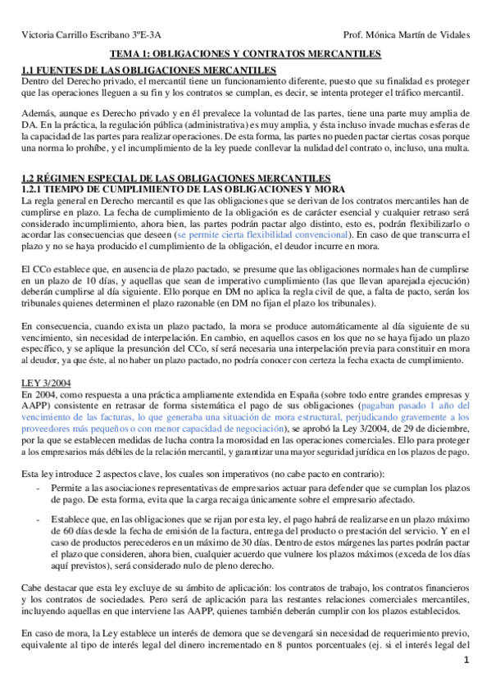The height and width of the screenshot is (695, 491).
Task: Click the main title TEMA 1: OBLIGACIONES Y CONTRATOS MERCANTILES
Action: tap(245, 54)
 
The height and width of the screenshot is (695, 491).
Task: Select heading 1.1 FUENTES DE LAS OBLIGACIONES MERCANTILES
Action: tap(148, 71)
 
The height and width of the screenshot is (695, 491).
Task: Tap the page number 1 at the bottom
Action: tap(466, 683)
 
